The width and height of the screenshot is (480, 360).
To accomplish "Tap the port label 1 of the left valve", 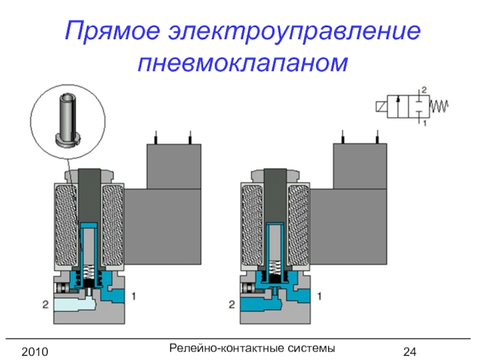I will (134, 295).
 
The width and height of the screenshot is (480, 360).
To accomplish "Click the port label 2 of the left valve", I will (45, 305).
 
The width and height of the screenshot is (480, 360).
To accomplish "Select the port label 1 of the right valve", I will (320, 295).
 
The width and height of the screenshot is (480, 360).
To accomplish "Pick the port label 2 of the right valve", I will (232, 305).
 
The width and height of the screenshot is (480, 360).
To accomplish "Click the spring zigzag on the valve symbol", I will (440, 107).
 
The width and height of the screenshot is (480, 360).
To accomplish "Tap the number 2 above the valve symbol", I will (424, 89).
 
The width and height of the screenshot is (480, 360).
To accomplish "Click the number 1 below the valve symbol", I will (424, 124).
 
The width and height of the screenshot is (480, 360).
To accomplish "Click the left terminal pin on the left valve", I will (156, 137).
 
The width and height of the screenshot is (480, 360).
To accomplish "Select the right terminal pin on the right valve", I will (377, 137).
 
